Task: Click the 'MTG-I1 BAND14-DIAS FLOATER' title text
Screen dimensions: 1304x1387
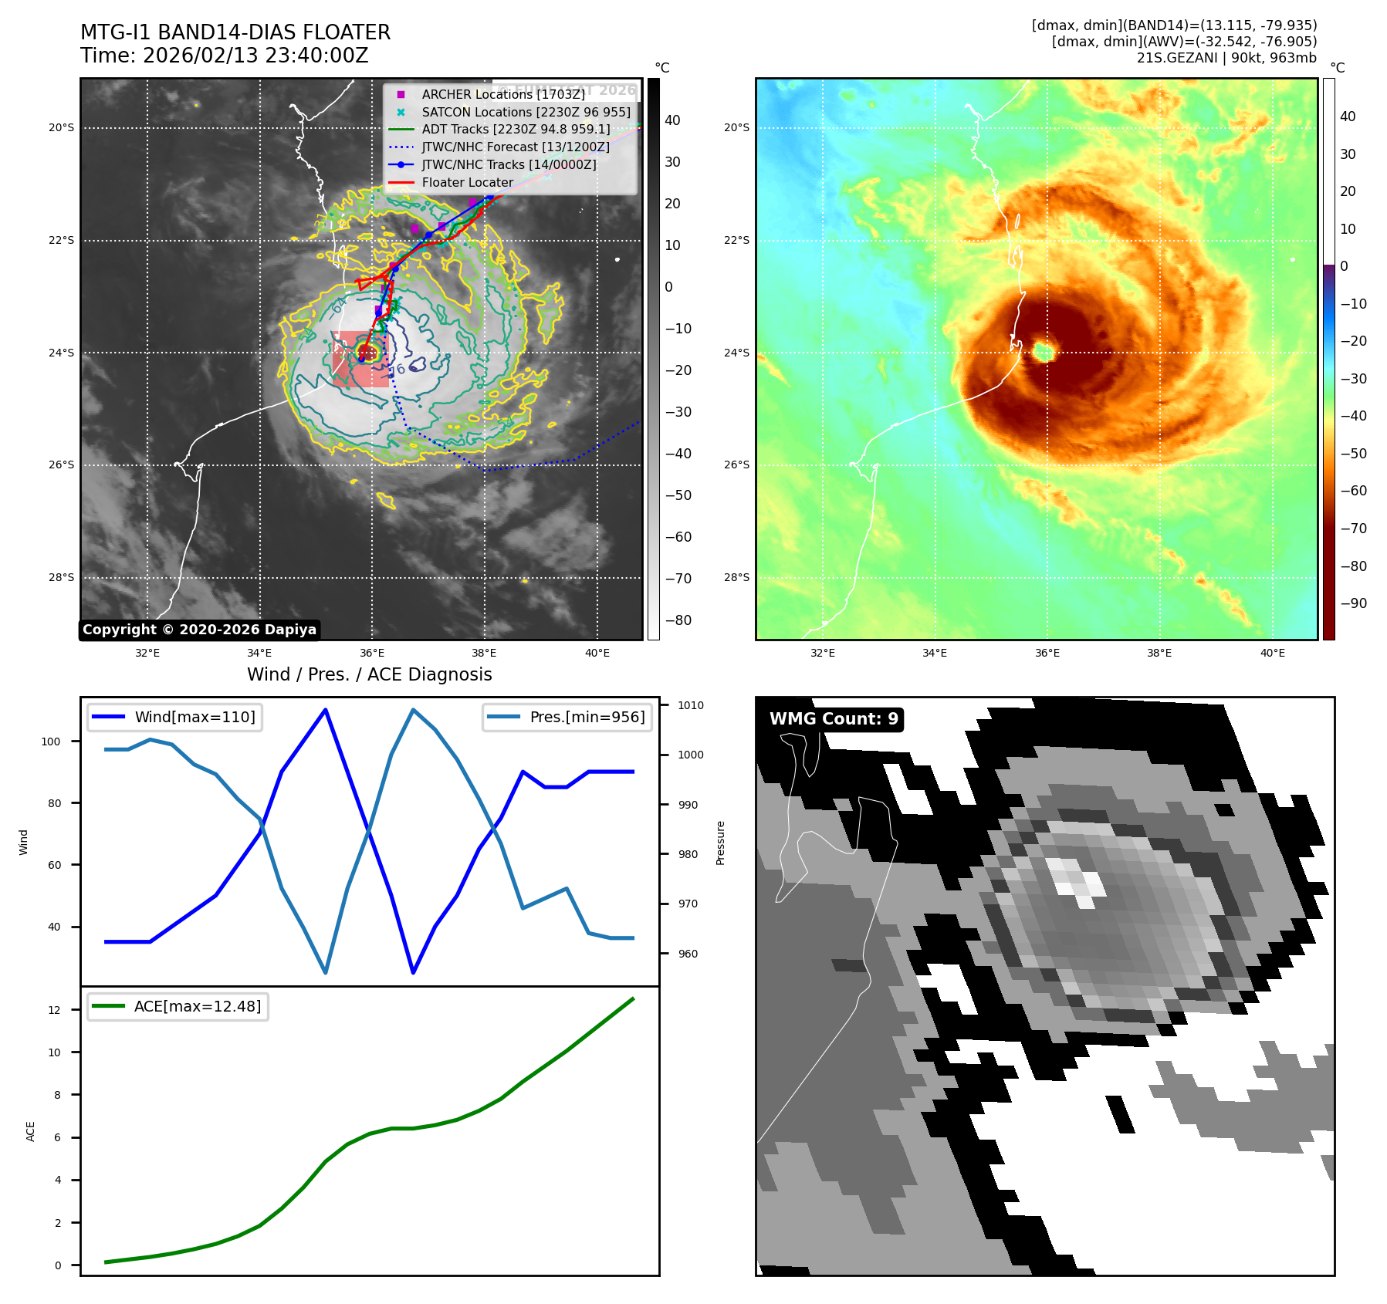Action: coord(235,32)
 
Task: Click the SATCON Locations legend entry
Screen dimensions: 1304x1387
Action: coord(526,112)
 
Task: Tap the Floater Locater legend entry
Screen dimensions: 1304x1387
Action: coord(467,183)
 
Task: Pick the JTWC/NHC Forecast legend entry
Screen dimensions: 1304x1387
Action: coord(515,147)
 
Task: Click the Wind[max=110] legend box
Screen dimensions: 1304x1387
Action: coord(174,717)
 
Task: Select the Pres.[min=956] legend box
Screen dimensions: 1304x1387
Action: coord(567,717)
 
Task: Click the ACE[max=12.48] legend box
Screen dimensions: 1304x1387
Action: coord(178,1006)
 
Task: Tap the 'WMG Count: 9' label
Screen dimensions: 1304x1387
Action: coord(834,719)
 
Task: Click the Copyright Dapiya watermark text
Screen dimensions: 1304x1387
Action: coord(199,630)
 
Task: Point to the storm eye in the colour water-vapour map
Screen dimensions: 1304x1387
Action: coord(1044,352)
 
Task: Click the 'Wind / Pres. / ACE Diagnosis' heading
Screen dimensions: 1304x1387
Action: coord(369,674)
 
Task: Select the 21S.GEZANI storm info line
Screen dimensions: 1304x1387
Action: coord(1226,58)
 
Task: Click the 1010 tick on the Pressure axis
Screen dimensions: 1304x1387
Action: coord(690,705)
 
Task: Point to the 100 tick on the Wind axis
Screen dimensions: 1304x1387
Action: coord(51,742)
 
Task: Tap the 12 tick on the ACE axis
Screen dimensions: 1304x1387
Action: coord(54,1010)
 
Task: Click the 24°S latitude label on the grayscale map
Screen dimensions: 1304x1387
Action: coord(62,353)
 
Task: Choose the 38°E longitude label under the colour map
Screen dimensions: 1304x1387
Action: coord(1159,653)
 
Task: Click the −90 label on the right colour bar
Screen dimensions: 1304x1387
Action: coord(1353,603)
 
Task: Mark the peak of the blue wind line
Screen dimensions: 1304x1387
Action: coord(326,709)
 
